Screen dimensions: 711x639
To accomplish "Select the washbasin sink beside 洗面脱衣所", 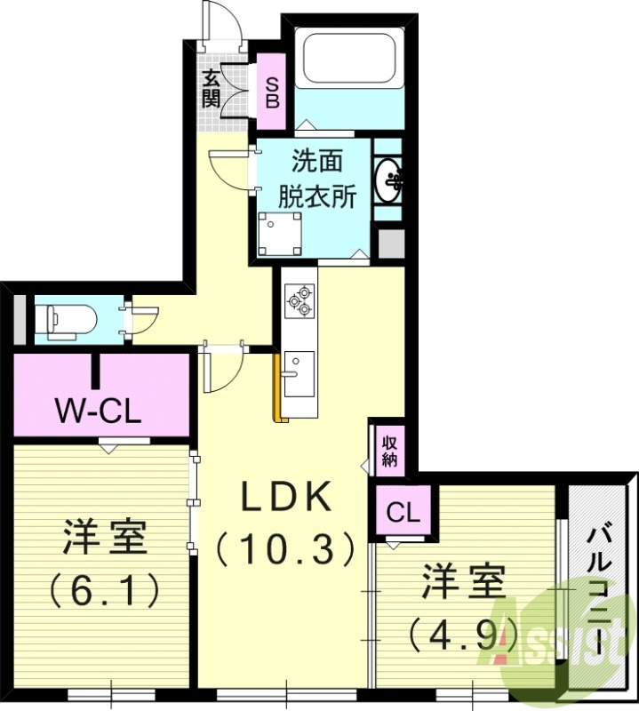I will click(388, 181).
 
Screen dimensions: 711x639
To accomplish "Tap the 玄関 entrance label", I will click(211, 88).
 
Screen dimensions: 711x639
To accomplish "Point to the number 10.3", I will click(285, 551).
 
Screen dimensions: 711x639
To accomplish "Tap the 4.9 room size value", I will click(462, 632).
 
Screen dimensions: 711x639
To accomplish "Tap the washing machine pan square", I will click(278, 234).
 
